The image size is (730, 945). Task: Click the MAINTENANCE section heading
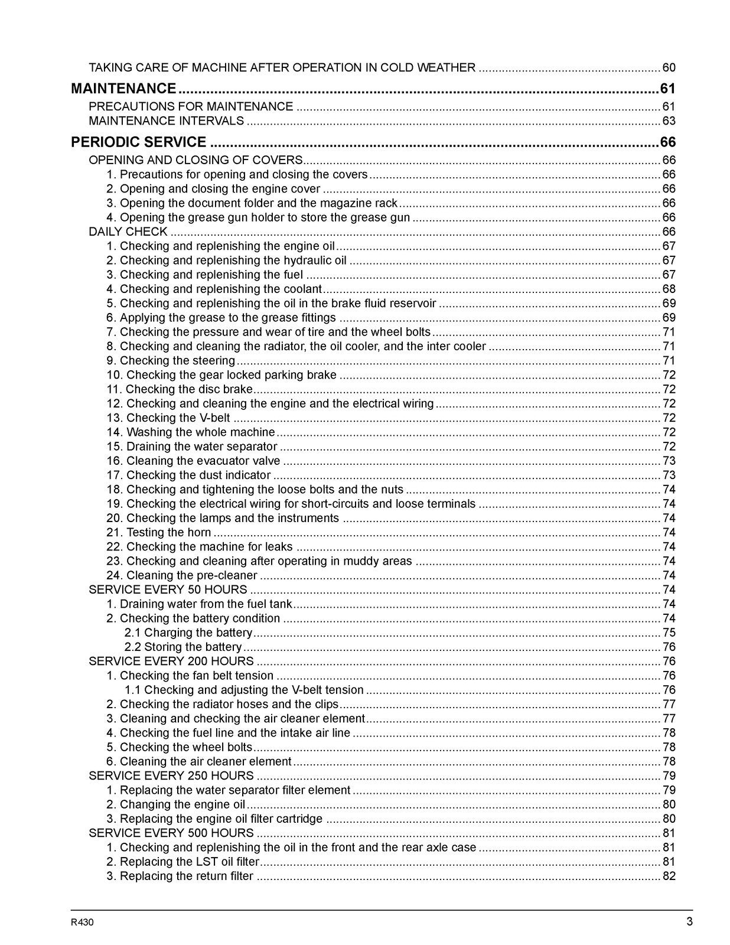123,89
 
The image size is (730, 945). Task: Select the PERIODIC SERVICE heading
139,142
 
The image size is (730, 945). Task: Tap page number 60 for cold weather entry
669,67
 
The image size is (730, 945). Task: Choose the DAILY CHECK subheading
128,232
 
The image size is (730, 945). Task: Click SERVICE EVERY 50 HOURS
168,589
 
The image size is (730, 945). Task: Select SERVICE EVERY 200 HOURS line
171,661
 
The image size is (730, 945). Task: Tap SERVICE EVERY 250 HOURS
171,775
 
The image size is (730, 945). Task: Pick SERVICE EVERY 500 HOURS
171,833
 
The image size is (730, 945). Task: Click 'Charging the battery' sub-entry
188,633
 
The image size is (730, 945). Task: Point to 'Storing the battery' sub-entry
183,647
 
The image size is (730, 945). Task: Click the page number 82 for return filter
669,876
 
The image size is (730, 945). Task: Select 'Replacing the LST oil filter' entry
182,862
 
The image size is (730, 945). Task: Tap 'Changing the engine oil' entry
175,804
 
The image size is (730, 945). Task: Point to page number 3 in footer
689,922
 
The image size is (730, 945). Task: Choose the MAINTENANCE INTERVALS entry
166,121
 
